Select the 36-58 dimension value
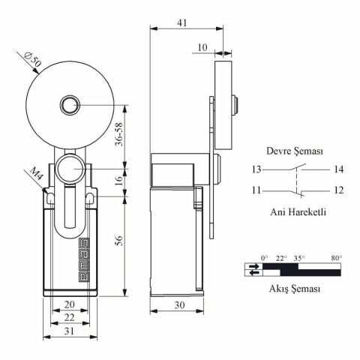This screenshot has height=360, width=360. point(119,135)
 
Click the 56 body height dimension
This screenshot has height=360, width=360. point(119,240)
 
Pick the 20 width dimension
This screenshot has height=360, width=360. point(69,305)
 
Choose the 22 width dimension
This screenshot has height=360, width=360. point(69,319)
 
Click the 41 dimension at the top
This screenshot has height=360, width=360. point(182,23)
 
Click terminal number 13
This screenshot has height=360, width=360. point(257,169)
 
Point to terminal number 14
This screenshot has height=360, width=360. point(339,169)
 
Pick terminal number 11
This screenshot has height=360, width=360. point(257,190)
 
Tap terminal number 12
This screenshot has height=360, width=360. point(339,190)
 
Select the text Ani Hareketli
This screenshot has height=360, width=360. point(298,212)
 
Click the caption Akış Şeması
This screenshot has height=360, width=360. point(295,288)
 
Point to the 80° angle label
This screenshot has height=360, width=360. point(336,257)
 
